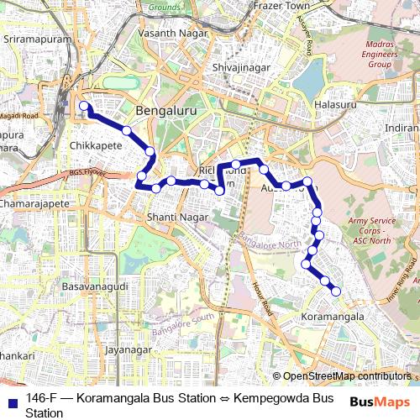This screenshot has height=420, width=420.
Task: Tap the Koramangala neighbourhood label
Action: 333,318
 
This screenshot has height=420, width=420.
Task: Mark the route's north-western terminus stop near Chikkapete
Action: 84,107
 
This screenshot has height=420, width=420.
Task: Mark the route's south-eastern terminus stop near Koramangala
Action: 336,291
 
